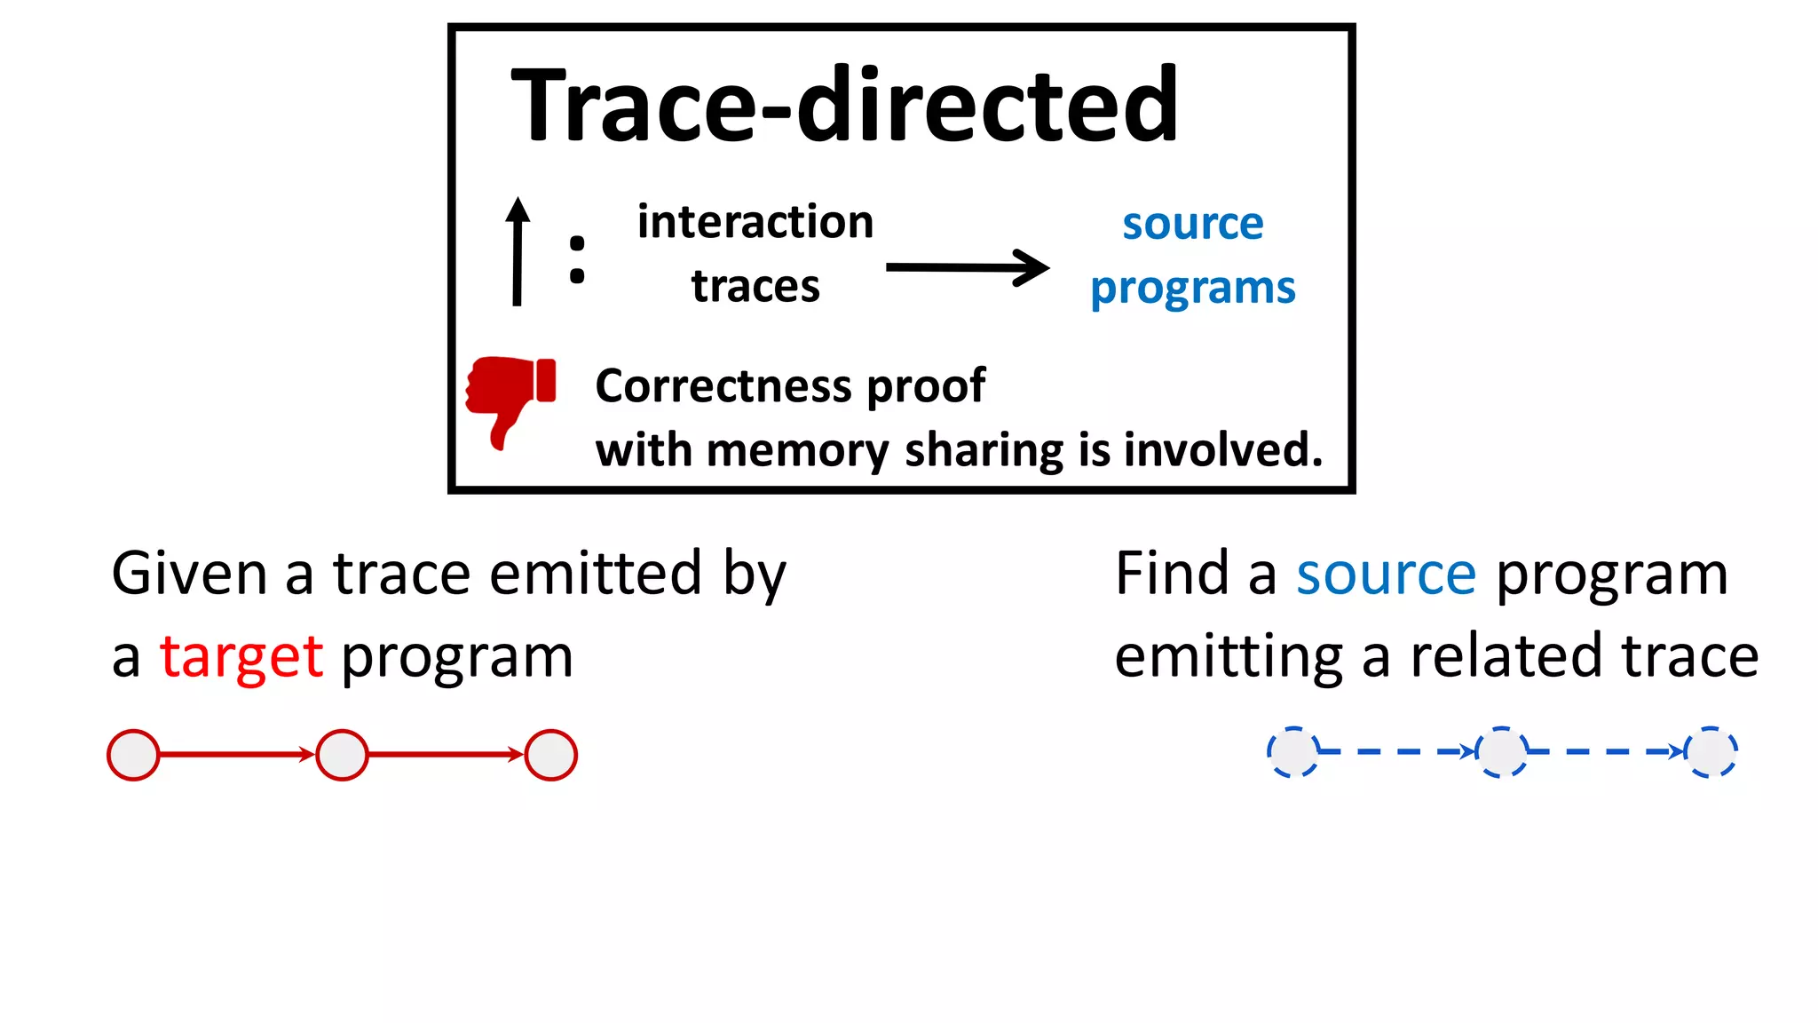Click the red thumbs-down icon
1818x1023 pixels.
pos(510,400)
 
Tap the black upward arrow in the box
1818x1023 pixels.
pos(518,252)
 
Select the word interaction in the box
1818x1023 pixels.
pos(755,222)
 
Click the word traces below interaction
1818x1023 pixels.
pos(755,286)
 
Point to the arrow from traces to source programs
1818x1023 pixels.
pos(968,267)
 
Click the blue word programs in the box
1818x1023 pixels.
pos(1192,289)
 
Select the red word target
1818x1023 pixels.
pos(241,658)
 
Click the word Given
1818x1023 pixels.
pos(188,574)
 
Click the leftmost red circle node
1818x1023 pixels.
pos(133,755)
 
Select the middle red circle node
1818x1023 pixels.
pos(342,755)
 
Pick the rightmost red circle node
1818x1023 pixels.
pos(551,755)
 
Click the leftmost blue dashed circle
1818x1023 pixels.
pos(1292,751)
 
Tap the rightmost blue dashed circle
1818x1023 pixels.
pos(1711,751)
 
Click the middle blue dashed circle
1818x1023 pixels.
pos(1501,751)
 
